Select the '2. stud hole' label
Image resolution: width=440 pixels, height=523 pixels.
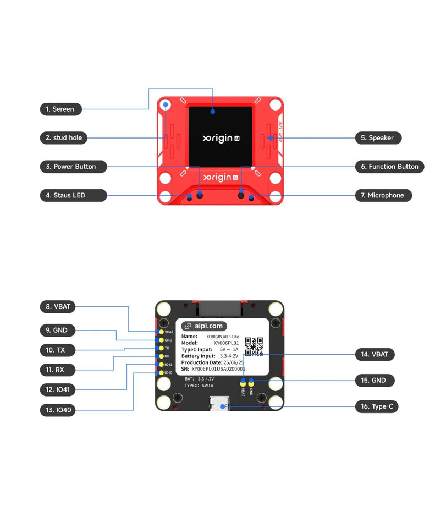tap(64, 137)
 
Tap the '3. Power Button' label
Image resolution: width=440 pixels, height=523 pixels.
tap(71, 166)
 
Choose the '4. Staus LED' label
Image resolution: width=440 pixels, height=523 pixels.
tap(65, 195)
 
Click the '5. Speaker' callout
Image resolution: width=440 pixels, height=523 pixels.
tap(377, 138)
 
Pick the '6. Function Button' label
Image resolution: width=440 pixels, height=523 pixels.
tap(389, 167)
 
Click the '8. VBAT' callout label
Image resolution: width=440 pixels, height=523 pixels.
tap(58, 306)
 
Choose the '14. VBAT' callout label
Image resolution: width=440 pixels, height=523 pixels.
tap(375, 355)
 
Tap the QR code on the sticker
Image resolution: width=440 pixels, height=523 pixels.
tap(254, 346)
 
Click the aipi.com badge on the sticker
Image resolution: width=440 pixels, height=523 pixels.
tap(204, 326)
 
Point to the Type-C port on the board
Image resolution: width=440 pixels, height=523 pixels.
tap(221, 407)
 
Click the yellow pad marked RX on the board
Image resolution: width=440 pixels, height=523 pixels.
tap(160, 356)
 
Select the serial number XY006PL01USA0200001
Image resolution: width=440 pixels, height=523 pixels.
tap(218, 369)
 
